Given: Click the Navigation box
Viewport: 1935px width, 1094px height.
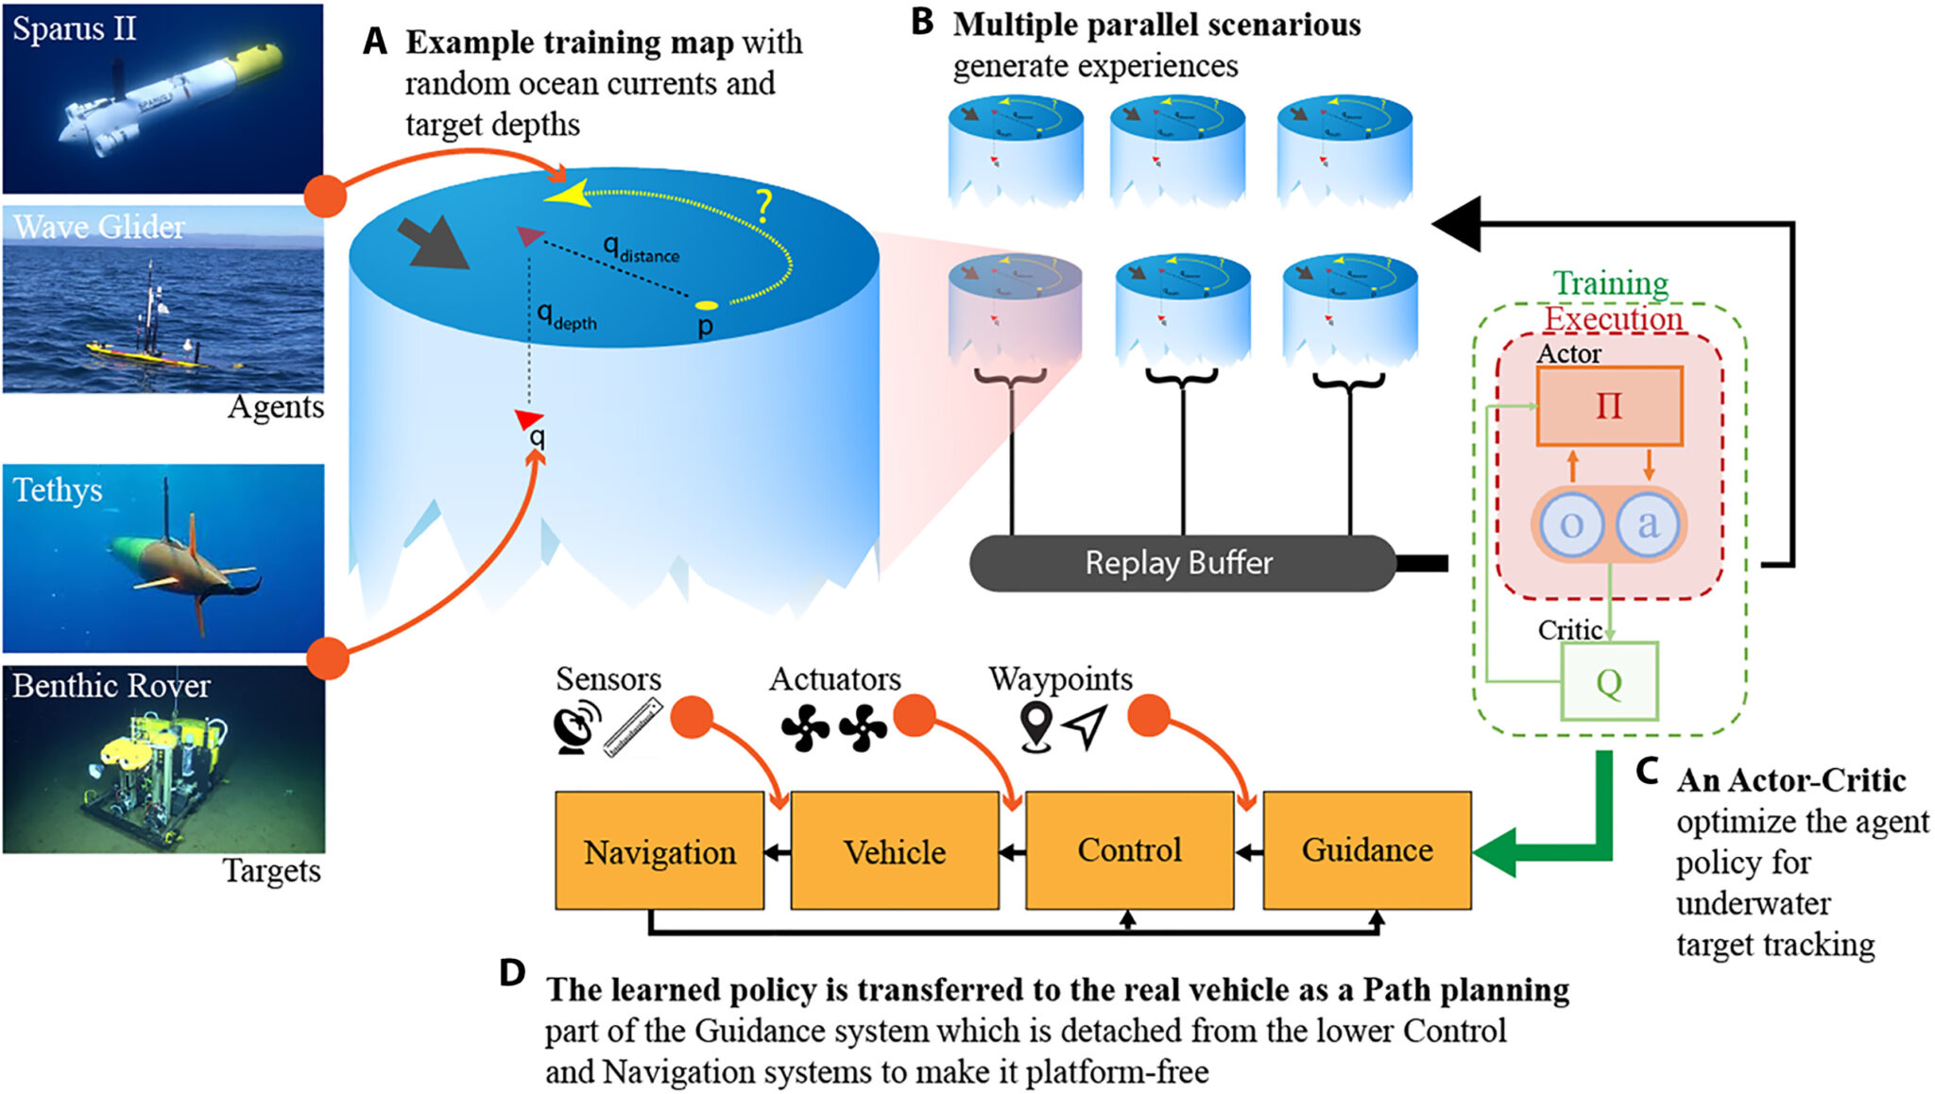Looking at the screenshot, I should pos(659,851).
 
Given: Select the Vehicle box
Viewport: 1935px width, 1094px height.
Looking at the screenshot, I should pos(895,851).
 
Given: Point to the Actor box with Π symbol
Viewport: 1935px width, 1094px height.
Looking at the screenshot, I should pos(1609,406).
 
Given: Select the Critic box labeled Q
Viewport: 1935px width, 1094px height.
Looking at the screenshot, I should pos(1609,681).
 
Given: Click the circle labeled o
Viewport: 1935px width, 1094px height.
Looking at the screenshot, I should pos(1571,524).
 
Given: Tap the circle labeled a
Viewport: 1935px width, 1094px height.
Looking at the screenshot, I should pos(1648,524).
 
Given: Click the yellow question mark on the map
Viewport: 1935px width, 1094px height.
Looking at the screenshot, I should pos(763,206).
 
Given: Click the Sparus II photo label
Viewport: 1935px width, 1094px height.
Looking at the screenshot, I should pos(75,28).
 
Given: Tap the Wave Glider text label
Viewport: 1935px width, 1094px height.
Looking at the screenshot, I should pos(99,227).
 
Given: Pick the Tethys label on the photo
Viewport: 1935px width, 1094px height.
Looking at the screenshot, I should pos(58,489).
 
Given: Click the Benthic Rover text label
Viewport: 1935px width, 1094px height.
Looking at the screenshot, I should pos(111,685).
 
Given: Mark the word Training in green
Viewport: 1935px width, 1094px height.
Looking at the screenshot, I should pos(1611,282).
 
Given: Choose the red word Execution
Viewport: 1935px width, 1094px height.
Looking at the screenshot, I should pos(1614,318).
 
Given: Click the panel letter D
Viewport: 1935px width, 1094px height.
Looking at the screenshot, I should pos(512,972).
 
